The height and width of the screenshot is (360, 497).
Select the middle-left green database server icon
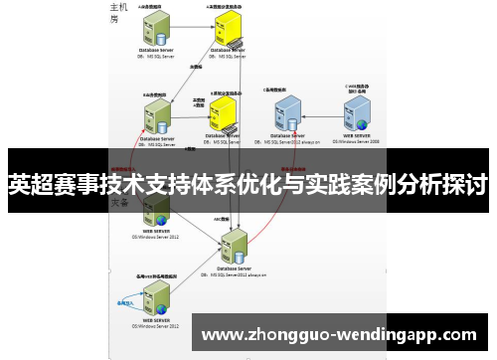click(x=156, y=111)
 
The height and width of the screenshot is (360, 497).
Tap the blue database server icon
click(x=288, y=111)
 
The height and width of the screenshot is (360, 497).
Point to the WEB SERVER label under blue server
click(x=358, y=134)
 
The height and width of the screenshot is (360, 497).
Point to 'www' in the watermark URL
click(x=223, y=335)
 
